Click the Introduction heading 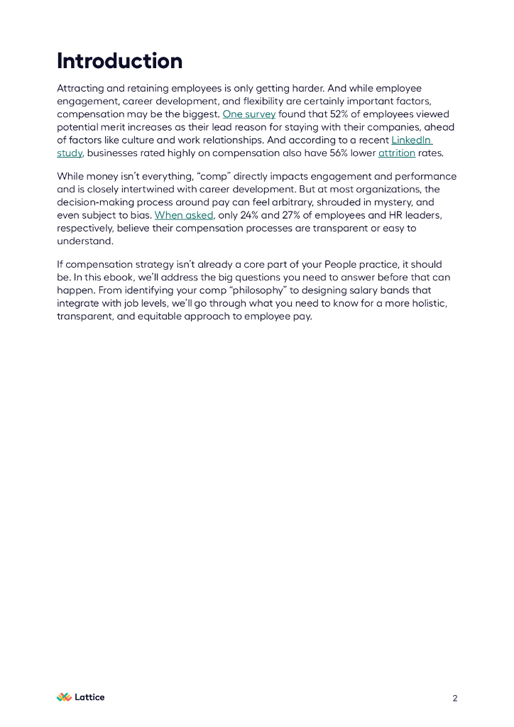tap(119, 61)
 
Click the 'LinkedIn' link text tap(411, 140)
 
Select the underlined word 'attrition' tap(396, 153)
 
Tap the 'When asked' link tap(183, 215)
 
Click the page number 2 tap(455, 699)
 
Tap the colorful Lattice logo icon tap(64, 697)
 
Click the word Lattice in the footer tap(90, 697)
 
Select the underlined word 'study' tap(70, 153)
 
